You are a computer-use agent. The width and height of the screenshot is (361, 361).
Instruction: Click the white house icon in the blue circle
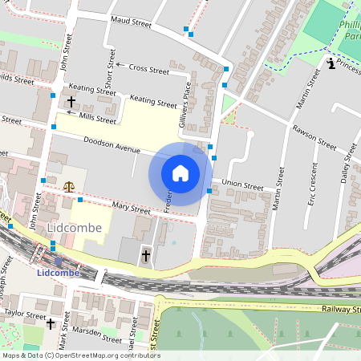tap(180, 173)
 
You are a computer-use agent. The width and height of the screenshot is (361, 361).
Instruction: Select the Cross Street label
tap(148, 70)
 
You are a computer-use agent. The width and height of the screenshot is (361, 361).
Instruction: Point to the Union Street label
tap(242, 185)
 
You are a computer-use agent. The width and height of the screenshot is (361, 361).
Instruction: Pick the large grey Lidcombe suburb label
tap(75, 228)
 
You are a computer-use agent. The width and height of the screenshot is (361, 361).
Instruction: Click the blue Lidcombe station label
tap(59, 273)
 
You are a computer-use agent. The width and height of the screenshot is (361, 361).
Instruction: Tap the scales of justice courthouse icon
tap(68, 186)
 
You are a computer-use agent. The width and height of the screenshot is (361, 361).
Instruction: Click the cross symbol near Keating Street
tap(71, 102)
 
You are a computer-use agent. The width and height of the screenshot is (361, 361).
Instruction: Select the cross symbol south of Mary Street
tap(145, 256)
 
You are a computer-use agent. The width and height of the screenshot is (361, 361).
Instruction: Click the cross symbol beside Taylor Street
tap(51, 324)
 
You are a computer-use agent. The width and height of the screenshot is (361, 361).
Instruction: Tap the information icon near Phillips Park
tap(331, 64)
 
